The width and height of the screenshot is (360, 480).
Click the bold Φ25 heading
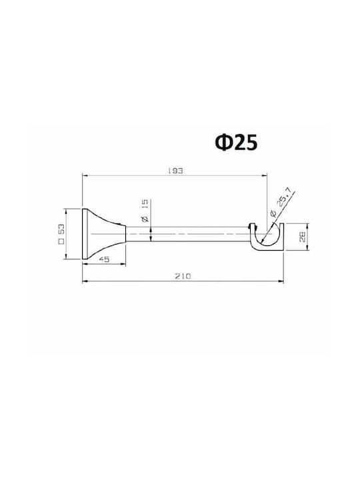(x=236, y=143)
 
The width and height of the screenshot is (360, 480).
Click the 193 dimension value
(x=175, y=171)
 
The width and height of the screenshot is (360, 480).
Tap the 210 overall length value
(x=183, y=276)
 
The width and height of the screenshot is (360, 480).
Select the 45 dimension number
(x=105, y=259)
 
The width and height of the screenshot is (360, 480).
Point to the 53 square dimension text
(x=61, y=231)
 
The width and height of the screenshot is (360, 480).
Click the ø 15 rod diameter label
(x=145, y=211)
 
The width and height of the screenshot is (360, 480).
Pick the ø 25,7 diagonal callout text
(x=281, y=206)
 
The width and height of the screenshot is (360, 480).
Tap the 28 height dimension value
(x=303, y=237)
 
